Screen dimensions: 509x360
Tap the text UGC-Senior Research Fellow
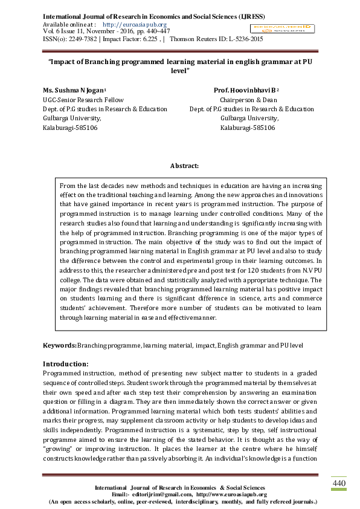coord(83,100)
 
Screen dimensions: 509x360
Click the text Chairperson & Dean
coord(248,100)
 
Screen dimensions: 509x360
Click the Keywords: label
coord(59,345)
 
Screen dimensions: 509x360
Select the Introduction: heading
coord(65,364)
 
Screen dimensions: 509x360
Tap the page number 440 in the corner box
coord(339,484)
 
